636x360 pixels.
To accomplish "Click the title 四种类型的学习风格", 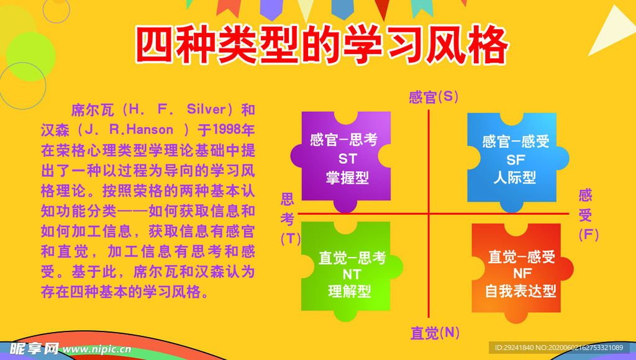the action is click(x=322, y=45).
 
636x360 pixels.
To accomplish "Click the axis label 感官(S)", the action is click(x=433, y=97).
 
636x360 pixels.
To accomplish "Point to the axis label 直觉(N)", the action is click(x=435, y=333).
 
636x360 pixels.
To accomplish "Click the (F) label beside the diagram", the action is click(x=589, y=235).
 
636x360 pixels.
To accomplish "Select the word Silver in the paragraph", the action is click(x=206, y=109).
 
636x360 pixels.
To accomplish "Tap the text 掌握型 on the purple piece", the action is click(x=347, y=178).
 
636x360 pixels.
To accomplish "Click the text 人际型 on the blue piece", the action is click(x=515, y=178).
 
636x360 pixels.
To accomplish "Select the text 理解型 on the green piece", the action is click(x=350, y=291).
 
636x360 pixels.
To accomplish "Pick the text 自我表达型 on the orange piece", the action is click(x=520, y=291).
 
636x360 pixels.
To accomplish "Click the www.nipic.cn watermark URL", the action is click(x=97, y=349).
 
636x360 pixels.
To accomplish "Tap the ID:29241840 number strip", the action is click(x=558, y=348).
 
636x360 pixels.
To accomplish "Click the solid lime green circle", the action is click(x=30, y=56).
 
